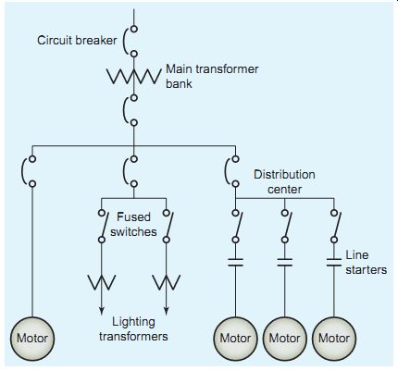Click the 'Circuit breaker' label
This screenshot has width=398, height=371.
77,40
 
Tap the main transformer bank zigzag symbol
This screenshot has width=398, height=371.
134,76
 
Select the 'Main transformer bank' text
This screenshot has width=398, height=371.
212,76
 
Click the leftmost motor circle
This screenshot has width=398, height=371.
32,339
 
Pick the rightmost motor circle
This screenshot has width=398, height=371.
334,339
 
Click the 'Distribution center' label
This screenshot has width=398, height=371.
284,181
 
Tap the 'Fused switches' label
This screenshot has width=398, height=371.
133,224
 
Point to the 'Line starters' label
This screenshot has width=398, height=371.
366,263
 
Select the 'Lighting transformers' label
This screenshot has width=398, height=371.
133,329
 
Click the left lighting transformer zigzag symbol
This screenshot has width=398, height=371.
102,282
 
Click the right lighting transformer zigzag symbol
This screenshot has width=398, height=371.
167,282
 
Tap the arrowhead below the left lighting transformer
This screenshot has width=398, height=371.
102,311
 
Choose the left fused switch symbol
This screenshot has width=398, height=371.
103,226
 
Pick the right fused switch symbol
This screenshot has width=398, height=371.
168,226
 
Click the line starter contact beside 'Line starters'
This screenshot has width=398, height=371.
334,263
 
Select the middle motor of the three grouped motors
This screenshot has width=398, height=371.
284,339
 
